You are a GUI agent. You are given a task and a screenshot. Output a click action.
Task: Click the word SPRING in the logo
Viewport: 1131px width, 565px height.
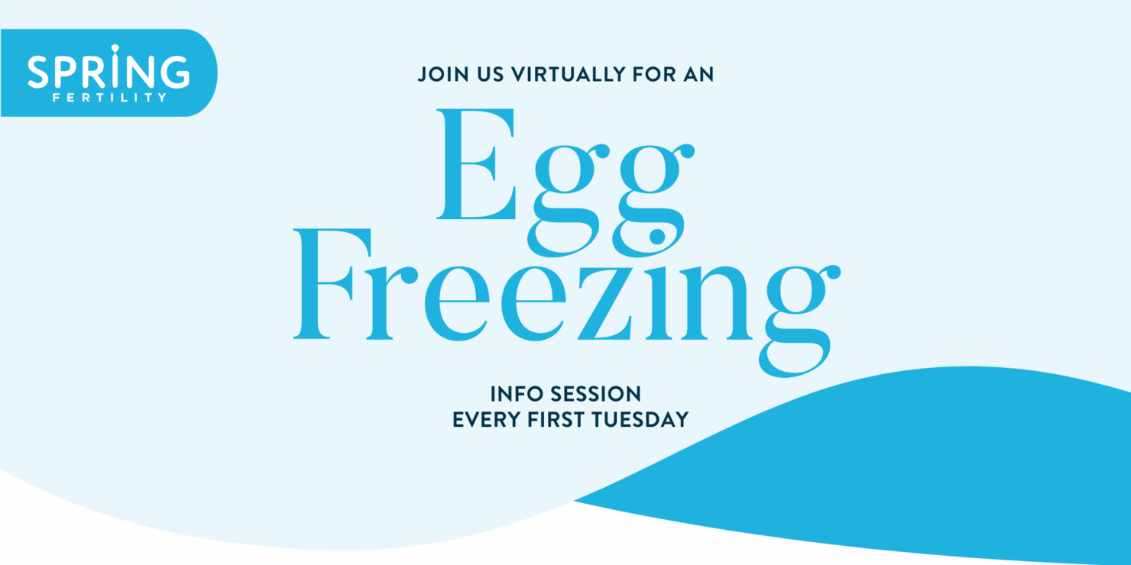coord(109,72)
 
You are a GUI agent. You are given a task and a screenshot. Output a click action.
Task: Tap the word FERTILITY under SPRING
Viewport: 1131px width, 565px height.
coord(109,98)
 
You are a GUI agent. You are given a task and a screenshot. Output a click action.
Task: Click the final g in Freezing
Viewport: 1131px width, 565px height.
coord(795,321)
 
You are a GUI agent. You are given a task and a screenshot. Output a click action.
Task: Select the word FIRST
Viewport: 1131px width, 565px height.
coord(555,420)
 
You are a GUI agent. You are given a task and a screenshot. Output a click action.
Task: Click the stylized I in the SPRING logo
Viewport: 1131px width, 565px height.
coord(115,69)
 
